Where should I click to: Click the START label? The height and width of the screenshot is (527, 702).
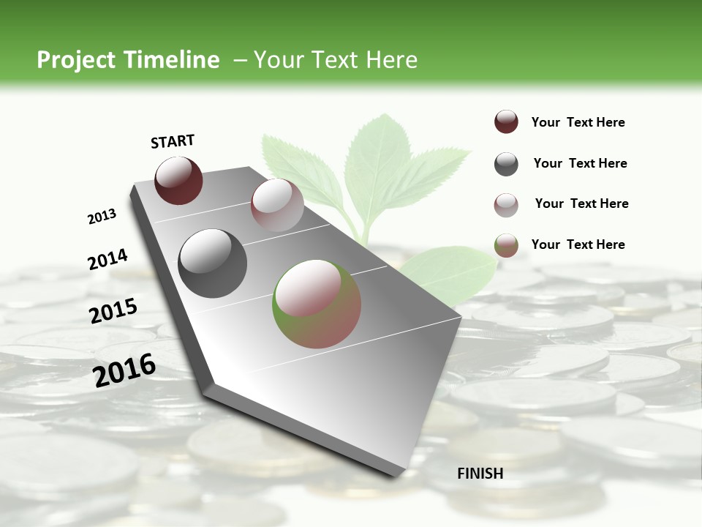pyautogui.click(x=173, y=141)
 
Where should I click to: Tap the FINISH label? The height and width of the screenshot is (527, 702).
pyautogui.click(x=480, y=474)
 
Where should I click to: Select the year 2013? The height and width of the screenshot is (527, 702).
pyautogui.click(x=102, y=217)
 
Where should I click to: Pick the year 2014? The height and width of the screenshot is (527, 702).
pyautogui.click(x=107, y=260)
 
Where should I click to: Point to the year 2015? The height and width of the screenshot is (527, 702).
pyautogui.click(x=113, y=311)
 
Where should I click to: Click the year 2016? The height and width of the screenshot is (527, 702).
pyautogui.click(x=124, y=370)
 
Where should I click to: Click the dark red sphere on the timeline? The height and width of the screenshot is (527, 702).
pyautogui.click(x=178, y=180)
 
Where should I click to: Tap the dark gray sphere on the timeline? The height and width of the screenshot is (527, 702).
pyautogui.click(x=213, y=263)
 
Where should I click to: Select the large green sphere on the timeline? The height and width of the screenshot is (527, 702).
pyautogui.click(x=317, y=304)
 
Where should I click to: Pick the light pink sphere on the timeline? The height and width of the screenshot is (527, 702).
pyautogui.click(x=277, y=205)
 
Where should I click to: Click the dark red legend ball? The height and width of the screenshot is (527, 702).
pyautogui.click(x=506, y=122)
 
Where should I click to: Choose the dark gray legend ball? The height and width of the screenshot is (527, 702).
pyautogui.click(x=506, y=164)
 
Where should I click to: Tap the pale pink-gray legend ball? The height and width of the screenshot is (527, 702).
pyautogui.click(x=506, y=205)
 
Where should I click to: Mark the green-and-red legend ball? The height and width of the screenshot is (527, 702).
pyautogui.click(x=506, y=246)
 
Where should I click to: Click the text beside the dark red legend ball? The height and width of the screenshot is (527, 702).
pyautogui.click(x=578, y=123)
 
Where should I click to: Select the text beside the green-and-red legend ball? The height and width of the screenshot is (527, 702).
pyautogui.click(x=578, y=244)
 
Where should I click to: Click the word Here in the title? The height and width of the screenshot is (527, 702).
pyautogui.click(x=391, y=60)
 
